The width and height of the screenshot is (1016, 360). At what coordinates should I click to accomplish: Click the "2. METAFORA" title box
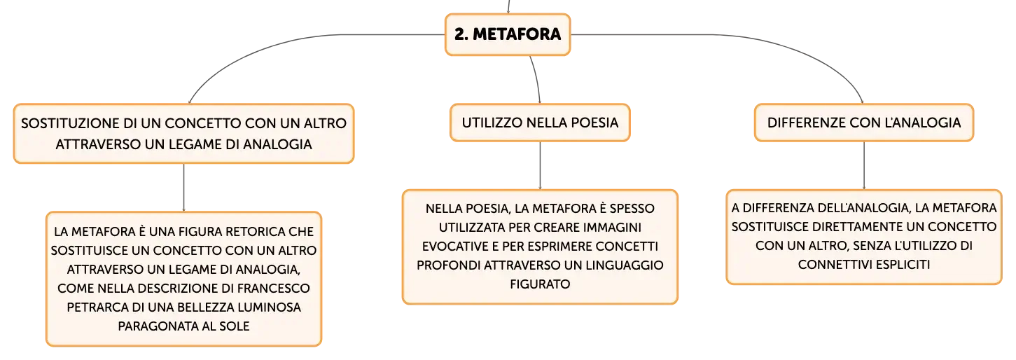508,34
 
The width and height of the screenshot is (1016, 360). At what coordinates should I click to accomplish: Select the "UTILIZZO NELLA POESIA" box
540,123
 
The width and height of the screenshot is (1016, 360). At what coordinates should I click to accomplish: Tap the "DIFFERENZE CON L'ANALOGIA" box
863,123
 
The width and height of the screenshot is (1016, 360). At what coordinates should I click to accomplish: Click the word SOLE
235,326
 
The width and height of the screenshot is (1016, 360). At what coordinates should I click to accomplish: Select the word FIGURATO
540,284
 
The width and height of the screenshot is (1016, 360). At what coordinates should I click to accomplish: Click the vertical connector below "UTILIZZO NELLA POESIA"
540,166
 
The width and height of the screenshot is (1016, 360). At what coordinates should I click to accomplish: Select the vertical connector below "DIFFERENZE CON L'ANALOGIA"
863,166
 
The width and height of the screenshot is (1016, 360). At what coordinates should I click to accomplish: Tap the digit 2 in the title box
459,34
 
